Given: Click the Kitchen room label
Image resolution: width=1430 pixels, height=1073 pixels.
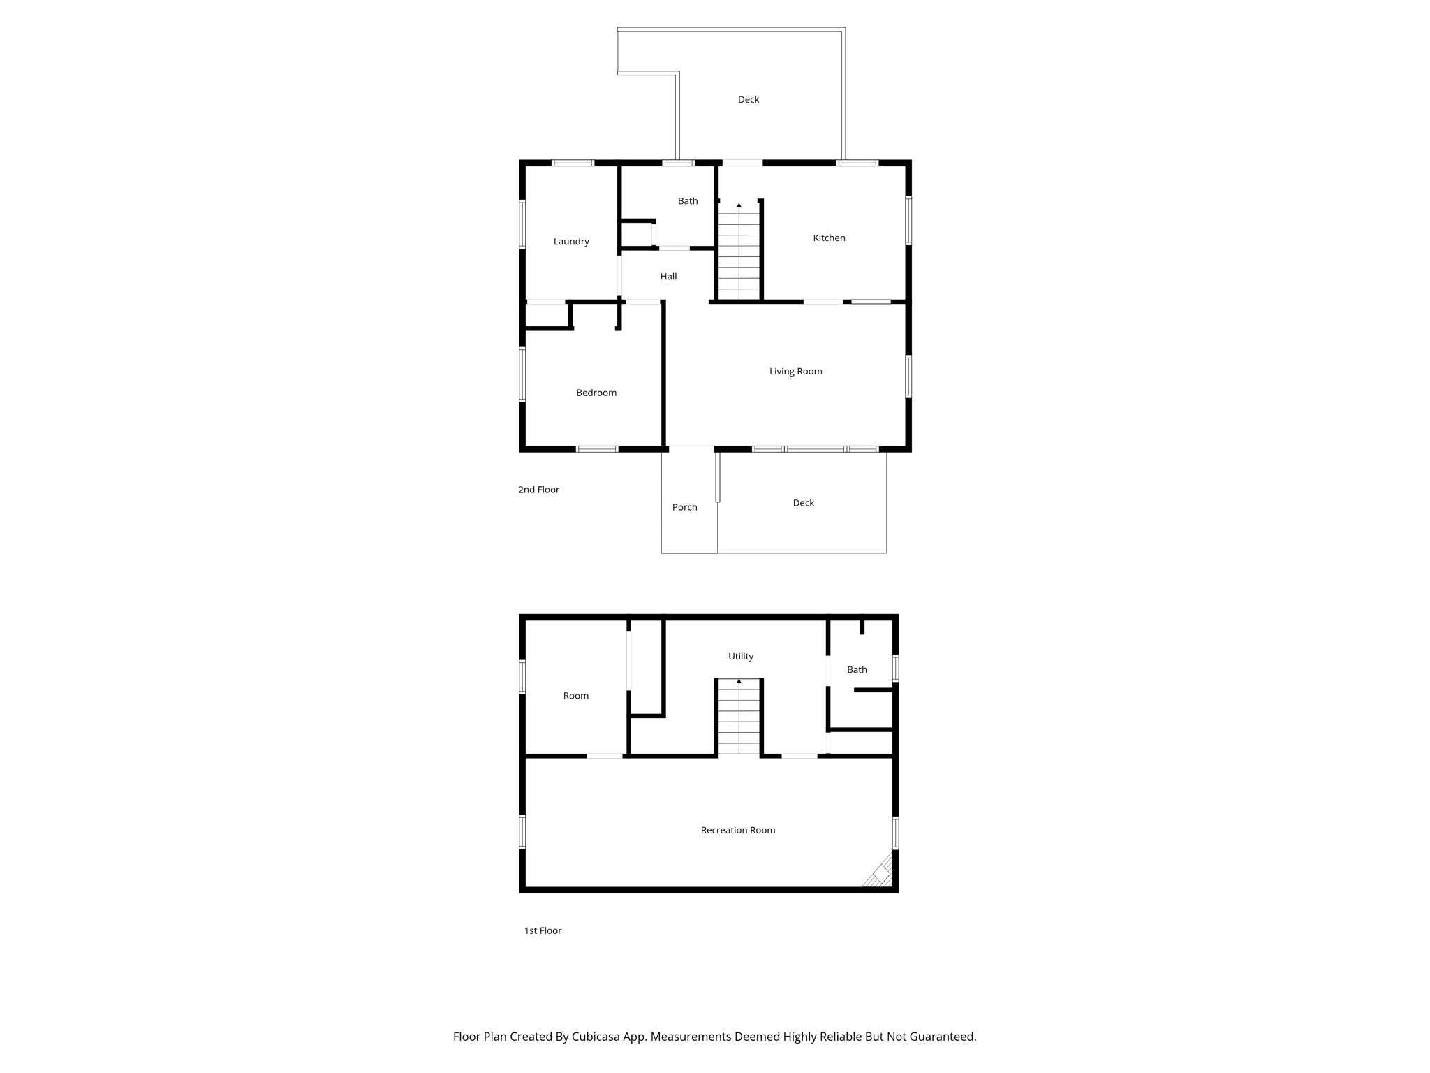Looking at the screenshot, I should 829,238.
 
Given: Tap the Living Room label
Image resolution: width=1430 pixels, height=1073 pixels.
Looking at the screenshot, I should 795,372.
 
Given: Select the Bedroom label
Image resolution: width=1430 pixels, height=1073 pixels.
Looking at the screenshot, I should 596,393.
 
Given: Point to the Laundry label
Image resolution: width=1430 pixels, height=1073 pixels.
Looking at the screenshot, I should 571,242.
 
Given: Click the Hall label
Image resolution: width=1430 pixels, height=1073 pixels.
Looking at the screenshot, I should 668,277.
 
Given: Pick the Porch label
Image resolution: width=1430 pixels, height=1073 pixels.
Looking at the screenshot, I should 684,508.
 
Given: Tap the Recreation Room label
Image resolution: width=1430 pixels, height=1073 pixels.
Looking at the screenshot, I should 737,831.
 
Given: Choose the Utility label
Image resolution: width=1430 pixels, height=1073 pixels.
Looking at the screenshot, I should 740,657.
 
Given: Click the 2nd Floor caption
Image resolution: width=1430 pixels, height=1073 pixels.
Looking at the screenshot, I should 538,490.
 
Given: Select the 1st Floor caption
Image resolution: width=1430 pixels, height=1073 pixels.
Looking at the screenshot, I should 543,931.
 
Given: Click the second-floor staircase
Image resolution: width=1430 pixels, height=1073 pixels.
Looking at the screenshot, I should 739,255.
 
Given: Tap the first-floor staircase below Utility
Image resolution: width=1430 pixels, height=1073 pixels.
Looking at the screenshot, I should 739,720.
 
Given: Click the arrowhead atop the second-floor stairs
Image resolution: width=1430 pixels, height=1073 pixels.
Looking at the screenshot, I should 739,205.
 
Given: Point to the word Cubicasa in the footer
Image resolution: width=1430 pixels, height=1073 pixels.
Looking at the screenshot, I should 597,1037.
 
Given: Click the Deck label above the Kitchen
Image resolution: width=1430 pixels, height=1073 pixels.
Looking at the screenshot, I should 748,100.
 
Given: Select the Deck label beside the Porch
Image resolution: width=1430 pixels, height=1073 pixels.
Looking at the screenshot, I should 803,503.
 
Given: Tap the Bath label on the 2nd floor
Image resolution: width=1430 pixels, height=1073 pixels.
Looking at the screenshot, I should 687,201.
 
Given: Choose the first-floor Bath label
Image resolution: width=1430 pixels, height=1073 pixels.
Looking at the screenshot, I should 856,670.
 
